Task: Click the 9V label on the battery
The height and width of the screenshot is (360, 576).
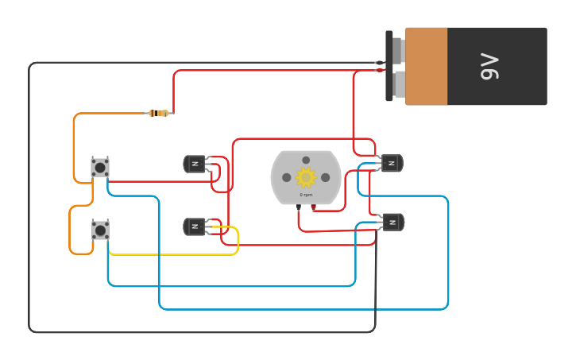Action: [490, 67]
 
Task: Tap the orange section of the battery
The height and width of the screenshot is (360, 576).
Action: [426, 67]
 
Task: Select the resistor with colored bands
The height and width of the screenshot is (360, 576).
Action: [160, 113]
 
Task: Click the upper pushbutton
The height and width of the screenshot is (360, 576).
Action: [100, 167]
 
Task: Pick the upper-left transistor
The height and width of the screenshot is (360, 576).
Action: [195, 164]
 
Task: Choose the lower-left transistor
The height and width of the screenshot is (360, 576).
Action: [195, 226]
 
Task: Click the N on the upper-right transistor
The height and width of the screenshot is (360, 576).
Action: [391, 163]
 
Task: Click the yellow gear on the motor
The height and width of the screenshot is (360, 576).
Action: [306, 177]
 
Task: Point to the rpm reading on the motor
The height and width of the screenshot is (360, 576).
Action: [306, 195]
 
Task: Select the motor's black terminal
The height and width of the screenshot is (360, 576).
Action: [299, 207]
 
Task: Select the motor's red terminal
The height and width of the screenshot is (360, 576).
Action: [313, 207]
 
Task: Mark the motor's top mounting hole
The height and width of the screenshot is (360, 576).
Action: [306, 160]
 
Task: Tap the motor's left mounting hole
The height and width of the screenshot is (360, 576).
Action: [287, 177]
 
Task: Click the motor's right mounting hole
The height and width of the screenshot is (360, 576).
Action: [325, 177]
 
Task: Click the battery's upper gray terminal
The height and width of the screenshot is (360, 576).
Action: [398, 51]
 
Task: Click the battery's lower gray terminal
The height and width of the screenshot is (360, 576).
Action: [398, 83]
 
